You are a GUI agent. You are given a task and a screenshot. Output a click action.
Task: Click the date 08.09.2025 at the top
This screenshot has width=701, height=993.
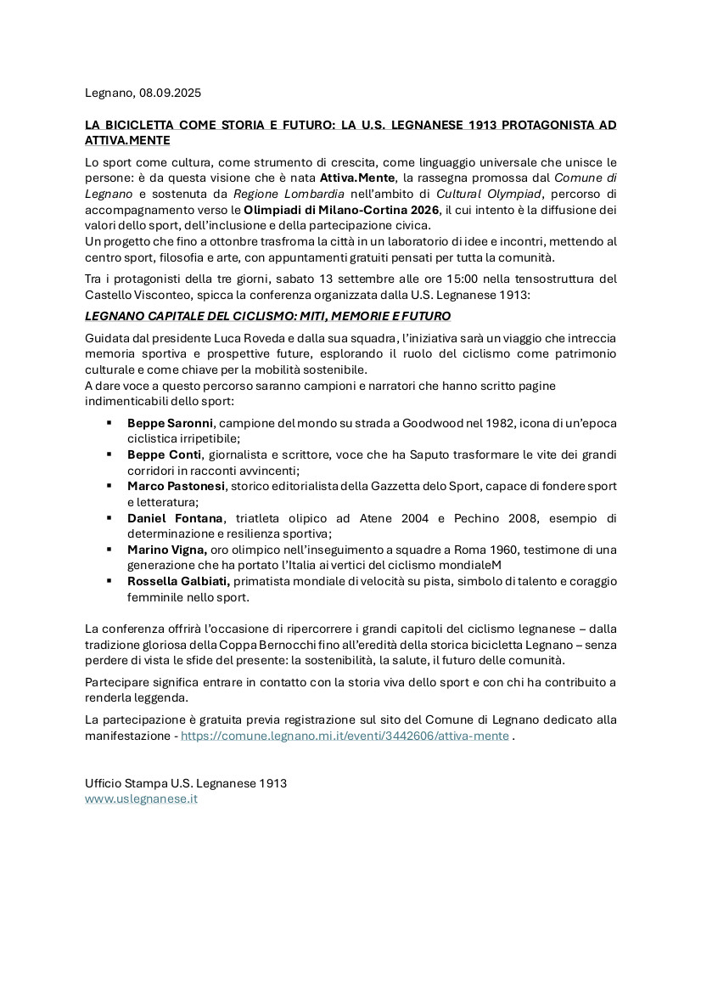(171, 93)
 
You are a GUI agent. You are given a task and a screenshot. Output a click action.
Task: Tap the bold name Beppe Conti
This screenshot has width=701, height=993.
(164, 454)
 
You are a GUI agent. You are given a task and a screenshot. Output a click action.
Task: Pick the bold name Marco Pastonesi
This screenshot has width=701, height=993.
(177, 486)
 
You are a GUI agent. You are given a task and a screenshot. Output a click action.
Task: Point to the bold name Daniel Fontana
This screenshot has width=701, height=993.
(176, 518)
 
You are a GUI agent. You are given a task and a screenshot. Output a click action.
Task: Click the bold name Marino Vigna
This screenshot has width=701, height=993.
(167, 550)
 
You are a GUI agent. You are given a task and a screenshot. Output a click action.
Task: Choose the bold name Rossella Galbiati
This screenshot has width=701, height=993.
(178, 581)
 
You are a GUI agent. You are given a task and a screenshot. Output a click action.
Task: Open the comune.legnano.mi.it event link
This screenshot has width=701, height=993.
(345, 736)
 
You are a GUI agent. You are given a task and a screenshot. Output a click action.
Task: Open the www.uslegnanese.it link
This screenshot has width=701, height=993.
(141, 799)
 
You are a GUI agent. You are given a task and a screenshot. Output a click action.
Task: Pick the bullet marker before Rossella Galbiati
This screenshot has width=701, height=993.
(109, 581)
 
